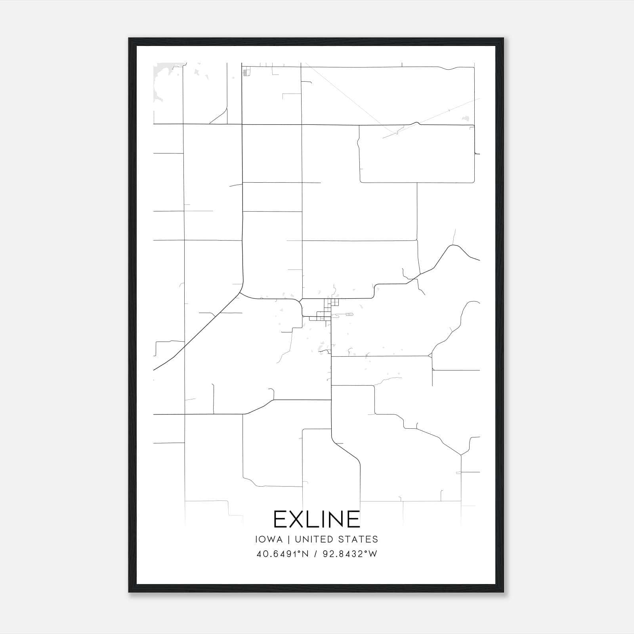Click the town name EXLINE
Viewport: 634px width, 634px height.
tap(317, 519)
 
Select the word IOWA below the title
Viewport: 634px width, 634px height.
tap(269, 539)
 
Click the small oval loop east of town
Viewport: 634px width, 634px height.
tap(349, 314)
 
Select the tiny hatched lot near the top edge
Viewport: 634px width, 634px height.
tap(247, 73)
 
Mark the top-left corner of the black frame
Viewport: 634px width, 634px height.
tap(130, 39)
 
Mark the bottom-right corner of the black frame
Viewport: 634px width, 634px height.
tap(503, 592)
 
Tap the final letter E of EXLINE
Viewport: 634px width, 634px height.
tap(353, 519)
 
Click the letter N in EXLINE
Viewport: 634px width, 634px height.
tap(335, 519)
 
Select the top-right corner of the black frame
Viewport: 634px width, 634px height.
tap(503, 39)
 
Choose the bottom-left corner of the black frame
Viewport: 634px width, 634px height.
tap(130, 592)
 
